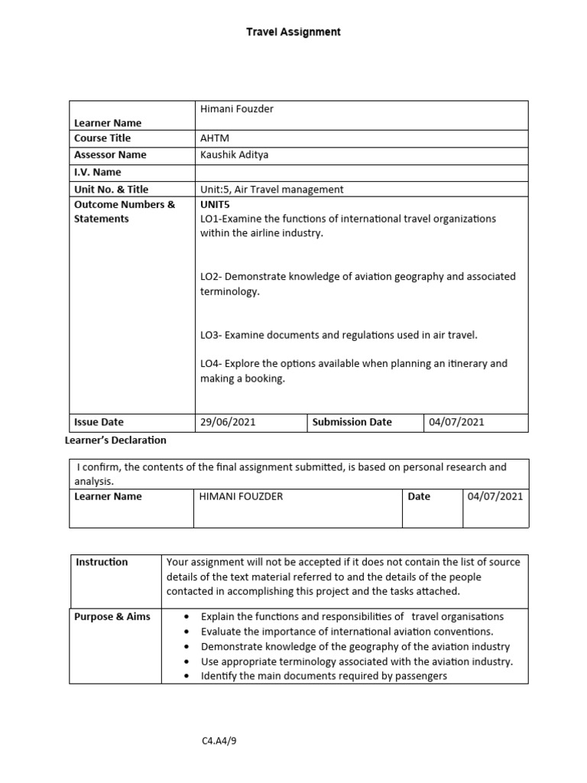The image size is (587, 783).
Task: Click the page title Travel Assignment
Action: click(293, 32)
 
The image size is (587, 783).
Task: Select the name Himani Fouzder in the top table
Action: click(236, 109)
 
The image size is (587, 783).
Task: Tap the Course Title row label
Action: click(102, 138)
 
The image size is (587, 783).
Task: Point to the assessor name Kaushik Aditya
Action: click(234, 154)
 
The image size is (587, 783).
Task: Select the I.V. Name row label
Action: click(97, 172)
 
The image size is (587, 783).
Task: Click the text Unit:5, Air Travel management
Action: click(271, 189)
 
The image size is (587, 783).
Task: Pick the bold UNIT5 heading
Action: click(216, 204)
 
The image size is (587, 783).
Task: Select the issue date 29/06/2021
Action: click(228, 422)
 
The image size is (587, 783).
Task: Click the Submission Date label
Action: click(352, 422)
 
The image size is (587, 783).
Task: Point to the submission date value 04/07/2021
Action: click(456, 422)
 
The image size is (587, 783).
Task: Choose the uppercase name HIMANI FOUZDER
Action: click(241, 496)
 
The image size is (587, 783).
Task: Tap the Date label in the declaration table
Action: click(419, 496)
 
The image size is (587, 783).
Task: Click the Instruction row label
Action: click(102, 562)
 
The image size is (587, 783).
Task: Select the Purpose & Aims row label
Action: click(112, 617)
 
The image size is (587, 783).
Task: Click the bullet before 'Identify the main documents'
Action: click(187, 677)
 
